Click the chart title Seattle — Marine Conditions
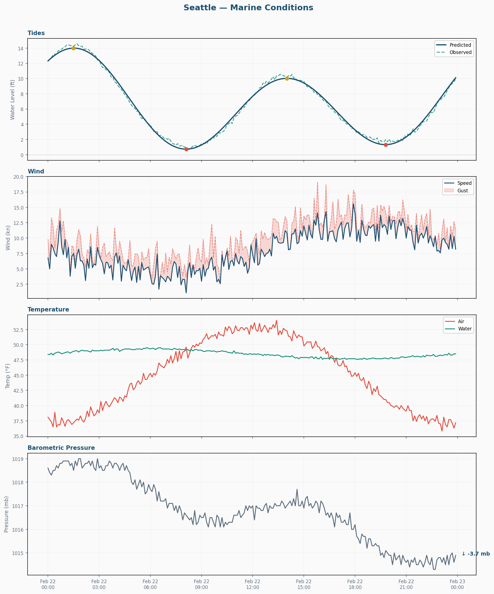point(248,8)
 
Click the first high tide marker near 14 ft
point(74,48)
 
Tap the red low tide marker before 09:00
point(186,149)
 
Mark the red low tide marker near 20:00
point(386,145)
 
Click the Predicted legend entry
point(460,45)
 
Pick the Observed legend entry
point(460,52)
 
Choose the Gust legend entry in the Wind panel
point(462,191)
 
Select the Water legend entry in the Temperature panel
point(464,329)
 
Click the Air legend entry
point(461,321)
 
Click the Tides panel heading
point(36,33)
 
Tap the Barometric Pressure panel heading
point(61,448)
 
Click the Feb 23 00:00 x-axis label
point(457,584)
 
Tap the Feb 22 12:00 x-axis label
point(252,584)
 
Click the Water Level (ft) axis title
point(12,100)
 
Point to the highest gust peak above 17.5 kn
point(317,182)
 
